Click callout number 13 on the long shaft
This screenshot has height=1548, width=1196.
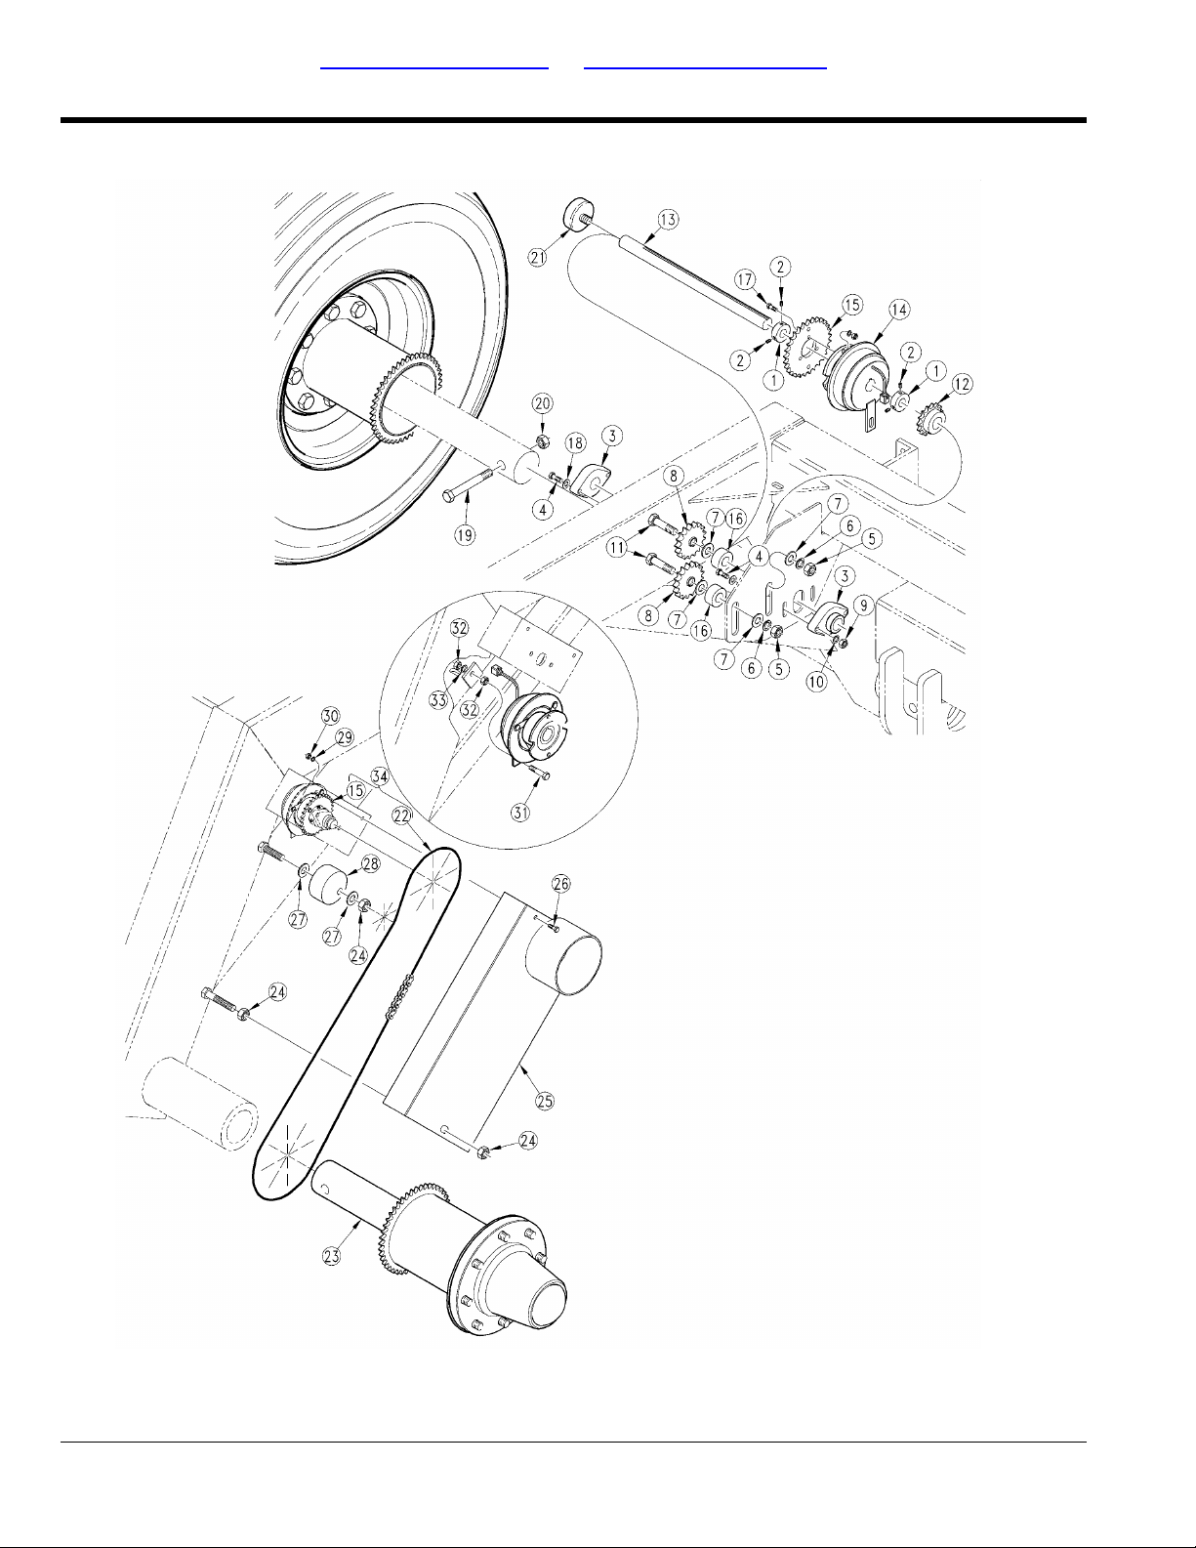pos(668,220)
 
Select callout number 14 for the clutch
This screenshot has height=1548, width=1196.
pos(899,310)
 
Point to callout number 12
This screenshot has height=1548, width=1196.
pos(962,384)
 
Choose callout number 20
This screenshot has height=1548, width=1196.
pos(543,404)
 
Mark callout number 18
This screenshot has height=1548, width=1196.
pos(575,443)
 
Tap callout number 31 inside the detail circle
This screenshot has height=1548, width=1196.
pos(521,812)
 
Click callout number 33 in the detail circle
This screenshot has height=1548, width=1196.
pos(438,700)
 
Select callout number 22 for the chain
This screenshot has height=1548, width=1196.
pos(403,816)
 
